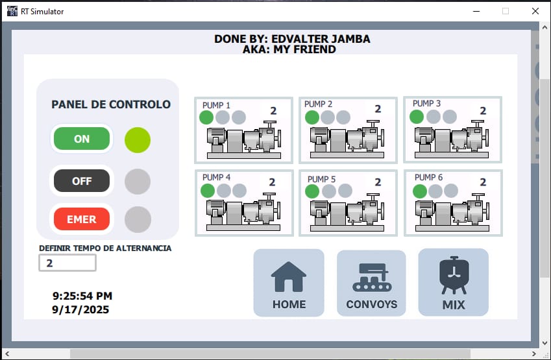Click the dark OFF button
coord(82,181)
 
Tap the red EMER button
coord(82,219)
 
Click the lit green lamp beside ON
coord(138,140)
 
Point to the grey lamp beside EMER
coord(138,219)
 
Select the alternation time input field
coord(67,263)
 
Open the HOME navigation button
coord(289,283)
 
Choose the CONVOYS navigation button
coord(371,283)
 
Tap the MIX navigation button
coord(453,282)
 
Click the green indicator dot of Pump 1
coord(206,117)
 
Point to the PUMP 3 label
coord(426,103)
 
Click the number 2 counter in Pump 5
coord(378,182)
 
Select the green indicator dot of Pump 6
coord(419,191)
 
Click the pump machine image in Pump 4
coord(243,211)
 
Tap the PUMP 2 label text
coord(318,104)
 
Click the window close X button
coord(535,11)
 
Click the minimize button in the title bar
coord(476,11)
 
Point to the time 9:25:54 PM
coord(82,296)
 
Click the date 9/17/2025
coord(80,309)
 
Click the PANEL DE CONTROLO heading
coord(111,104)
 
